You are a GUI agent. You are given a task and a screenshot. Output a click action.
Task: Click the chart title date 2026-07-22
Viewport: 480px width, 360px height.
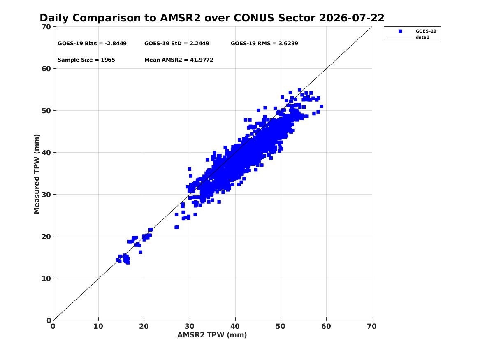pyautogui.click(x=352, y=18)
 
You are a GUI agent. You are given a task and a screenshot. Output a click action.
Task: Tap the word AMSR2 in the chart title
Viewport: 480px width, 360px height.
pyautogui.click(x=180, y=18)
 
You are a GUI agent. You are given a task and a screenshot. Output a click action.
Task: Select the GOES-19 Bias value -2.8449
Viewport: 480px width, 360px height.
pyautogui.click(x=116, y=44)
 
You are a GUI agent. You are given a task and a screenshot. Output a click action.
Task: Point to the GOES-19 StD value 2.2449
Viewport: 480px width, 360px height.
pyautogui.click(x=199, y=44)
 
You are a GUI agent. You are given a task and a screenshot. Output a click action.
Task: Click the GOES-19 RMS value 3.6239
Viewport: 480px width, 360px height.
pyautogui.click(x=288, y=44)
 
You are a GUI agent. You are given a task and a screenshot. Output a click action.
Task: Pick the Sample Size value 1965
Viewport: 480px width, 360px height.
pyautogui.click(x=108, y=60)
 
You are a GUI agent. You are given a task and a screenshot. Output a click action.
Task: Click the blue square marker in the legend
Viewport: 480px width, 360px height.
pyautogui.click(x=400, y=31)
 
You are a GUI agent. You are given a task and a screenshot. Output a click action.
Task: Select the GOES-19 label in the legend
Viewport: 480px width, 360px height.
pyautogui.click(x=426, y=31)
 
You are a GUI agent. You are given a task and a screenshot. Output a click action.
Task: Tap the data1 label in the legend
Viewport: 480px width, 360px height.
pyautogui.click(x=422, y=37)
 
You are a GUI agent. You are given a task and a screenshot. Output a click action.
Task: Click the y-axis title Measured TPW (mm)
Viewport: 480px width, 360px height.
pyautogui.click(x=37, y=174)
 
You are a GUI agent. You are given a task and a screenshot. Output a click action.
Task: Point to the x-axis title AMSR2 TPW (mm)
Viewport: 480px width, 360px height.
pyautogui.click(x=212, y=335)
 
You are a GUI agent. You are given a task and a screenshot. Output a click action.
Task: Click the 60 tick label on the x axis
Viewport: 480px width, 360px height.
pyautogui.click(x=326, y=326)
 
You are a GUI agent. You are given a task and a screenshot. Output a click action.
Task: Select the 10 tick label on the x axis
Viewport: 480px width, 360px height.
pyautogui.click(x=99, y=326)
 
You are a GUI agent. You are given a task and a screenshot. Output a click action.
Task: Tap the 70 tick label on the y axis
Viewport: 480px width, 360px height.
pyautogui.click(x=46, y=27)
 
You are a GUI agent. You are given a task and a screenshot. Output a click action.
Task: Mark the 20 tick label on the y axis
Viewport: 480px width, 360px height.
pyautogui.click(x=46, y=237)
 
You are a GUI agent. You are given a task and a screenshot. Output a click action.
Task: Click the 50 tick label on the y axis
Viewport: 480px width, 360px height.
pyautogui.click(x=46, y=111)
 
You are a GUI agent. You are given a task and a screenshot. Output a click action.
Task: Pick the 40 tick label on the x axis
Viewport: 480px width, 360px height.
pyautogui.click(x=235, y=326)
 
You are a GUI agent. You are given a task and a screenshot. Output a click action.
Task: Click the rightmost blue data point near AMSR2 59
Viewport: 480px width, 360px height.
pyautogui.click(x=321, y=106)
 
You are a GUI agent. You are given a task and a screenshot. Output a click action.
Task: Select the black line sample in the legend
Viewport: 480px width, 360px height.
pyautogui.click(x=400, y=37)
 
